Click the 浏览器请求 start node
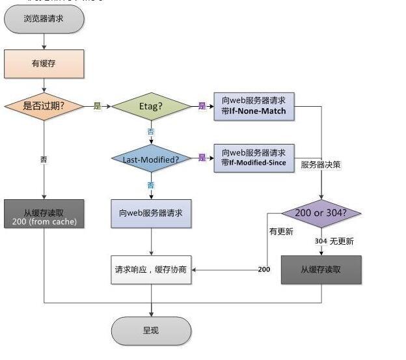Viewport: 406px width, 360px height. tap(44, 19)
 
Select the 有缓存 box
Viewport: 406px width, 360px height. tap(44, 64)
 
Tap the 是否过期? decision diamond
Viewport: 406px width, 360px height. tap(44, 105)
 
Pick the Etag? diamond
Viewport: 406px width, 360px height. tap(151, 105)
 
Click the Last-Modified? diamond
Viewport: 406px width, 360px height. tap(151, 158)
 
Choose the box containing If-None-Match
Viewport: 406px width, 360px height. tap(254, 105)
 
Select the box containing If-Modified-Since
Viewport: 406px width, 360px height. tap(254, 158)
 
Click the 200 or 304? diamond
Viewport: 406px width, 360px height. tap(321, 213)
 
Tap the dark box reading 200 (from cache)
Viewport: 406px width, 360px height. tap(44, 214)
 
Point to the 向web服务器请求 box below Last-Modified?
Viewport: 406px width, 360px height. tap(151, 214)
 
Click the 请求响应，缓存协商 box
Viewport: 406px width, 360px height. tap(151, 270)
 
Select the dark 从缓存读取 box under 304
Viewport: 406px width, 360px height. tap(321, 270)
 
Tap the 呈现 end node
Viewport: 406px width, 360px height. tap(151, 331)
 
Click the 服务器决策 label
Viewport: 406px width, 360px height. tap(320, 165)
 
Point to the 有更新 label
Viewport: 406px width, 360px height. tap(281, 231)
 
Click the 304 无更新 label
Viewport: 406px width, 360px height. tap(334, 242)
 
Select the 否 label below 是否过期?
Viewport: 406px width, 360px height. tap(44, 159)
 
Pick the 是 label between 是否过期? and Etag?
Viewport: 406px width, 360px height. tap(98, 105)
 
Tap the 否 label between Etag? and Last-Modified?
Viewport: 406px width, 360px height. tap(151, 132)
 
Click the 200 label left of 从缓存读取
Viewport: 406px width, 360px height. tap(264, 270)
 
